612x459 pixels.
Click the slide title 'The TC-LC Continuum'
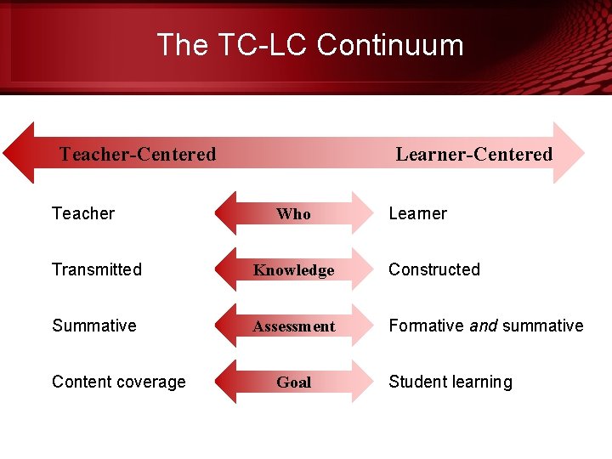310,44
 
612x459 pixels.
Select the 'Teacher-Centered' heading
138,154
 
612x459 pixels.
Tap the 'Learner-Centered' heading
473,154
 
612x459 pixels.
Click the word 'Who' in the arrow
293,214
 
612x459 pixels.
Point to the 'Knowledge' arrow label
293,270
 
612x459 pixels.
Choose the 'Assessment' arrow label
293,326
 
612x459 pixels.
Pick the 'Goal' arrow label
293,382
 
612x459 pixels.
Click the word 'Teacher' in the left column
83,213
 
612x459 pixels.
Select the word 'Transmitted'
97,269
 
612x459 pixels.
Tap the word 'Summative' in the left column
93,326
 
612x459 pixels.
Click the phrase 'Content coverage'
118,382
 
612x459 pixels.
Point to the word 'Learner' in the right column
417,213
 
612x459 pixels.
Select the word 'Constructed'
434,269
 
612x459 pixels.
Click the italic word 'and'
483,326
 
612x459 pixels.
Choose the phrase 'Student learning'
450,382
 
